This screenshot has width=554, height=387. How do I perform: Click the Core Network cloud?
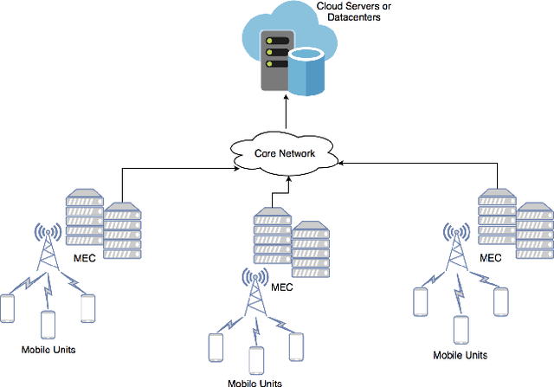284,154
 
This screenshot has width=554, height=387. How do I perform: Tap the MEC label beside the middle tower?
284,287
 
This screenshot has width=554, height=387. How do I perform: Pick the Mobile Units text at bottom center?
255,382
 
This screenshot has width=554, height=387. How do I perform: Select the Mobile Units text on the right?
460,355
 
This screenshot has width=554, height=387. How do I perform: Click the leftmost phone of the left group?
9,307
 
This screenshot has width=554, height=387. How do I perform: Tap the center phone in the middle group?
256,358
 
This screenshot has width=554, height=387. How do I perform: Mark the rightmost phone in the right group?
499,300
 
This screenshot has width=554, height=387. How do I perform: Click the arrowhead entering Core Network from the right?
339,161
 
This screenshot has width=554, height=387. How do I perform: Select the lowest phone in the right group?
461,330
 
